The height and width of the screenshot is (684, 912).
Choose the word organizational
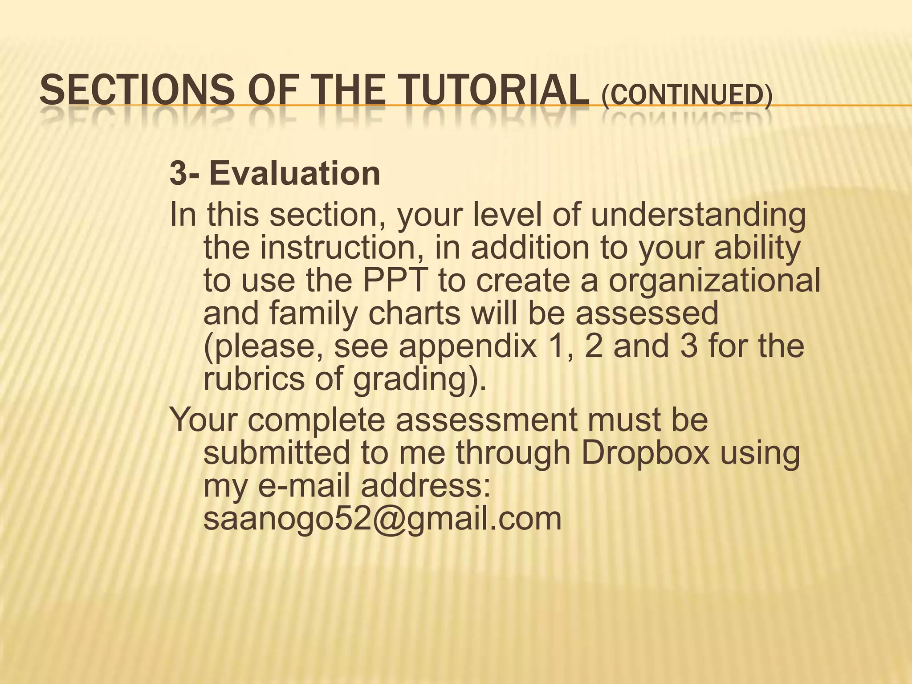coord(714,281)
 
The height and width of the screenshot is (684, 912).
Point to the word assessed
coord(647,313)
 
